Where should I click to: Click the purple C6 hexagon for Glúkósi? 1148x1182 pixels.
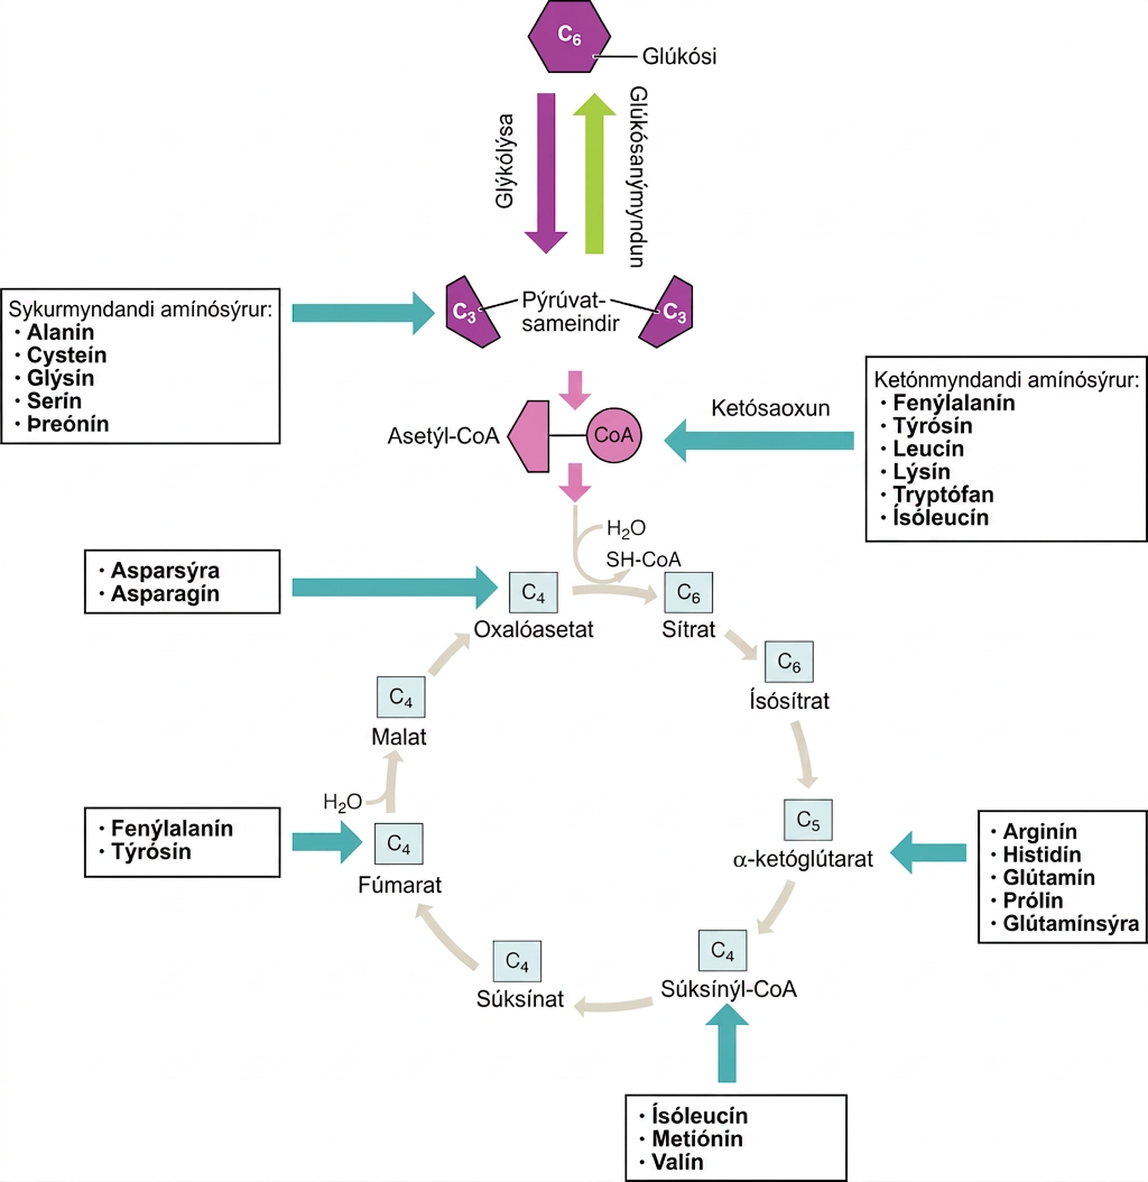click(x=569, y=37)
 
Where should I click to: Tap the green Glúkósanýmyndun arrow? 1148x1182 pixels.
click(x=595, y=173)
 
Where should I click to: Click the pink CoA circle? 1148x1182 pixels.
click(x=614, y=435)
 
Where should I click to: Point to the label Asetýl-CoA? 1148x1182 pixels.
click(x=443, y=436)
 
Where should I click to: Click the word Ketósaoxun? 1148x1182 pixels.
click(x=770, y=408)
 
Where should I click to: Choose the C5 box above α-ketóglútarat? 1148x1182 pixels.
click(x=808, y=820)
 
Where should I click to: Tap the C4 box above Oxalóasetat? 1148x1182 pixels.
click(x=533, y=592)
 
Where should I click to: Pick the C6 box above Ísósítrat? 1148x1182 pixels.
click(x=789, y=661)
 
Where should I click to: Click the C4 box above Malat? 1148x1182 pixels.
click(x=401, y=697)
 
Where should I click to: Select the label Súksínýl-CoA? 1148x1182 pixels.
click(x=728, y=989)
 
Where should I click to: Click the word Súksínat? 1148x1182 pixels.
click(x=520, y=999)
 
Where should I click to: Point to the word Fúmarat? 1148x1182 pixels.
click(x=400, y=885)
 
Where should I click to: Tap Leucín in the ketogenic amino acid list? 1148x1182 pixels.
click(x=928, y=448)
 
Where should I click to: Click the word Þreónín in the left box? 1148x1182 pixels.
click(x=68, y=424)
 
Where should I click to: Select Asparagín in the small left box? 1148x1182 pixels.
click(x=165, y=593)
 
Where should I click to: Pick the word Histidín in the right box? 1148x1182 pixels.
click(x=1041, y=855)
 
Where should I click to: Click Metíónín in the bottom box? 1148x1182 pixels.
click(x=697, y=1139)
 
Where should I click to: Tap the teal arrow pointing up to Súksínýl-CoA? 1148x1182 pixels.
click(x=727, y=1044)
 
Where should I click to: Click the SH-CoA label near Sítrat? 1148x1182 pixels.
click(x=644, y=560)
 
